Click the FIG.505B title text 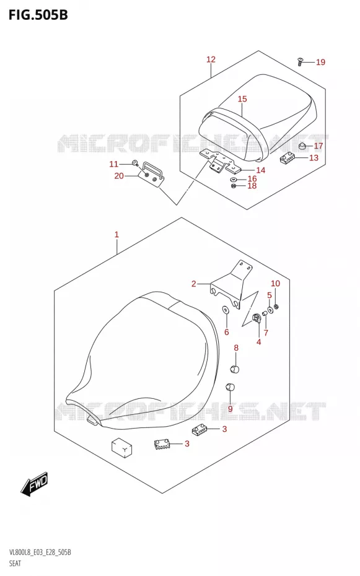coord(38,15)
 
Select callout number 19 coord(321,62)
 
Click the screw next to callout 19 coord(300,62)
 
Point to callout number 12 coord(211,59)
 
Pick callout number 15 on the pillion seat coord(242,99)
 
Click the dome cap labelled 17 coord(302,146)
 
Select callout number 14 coord(261,170)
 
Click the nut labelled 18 coord(232,186)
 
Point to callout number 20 coord(119,176)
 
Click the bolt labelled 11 coord(135,162)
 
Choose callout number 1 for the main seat coord(116,234)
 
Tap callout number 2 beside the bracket coord(193,284)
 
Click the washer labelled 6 coord(225,310)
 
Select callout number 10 coord(275,283)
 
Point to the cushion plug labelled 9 coord(230,387)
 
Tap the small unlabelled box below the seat coord(122,448)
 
